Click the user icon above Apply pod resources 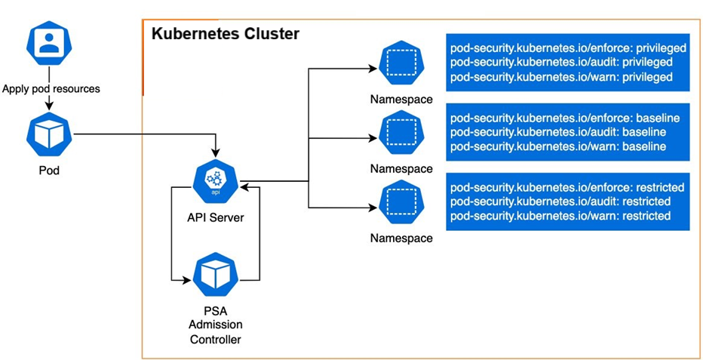pos(50,45)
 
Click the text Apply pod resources pos(51,88)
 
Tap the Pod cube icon pos(49,134)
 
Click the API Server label pos(216,218)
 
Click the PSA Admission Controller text pos(216,325)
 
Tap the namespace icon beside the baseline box pos(401,133)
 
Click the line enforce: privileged pos(568,48)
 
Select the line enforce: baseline pos(565,118)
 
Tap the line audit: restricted pos(560,202)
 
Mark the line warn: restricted pos(560,216)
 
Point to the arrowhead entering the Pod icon pos(49,106)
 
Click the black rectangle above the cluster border pos(420,8)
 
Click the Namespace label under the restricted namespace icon pos(401,238)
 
